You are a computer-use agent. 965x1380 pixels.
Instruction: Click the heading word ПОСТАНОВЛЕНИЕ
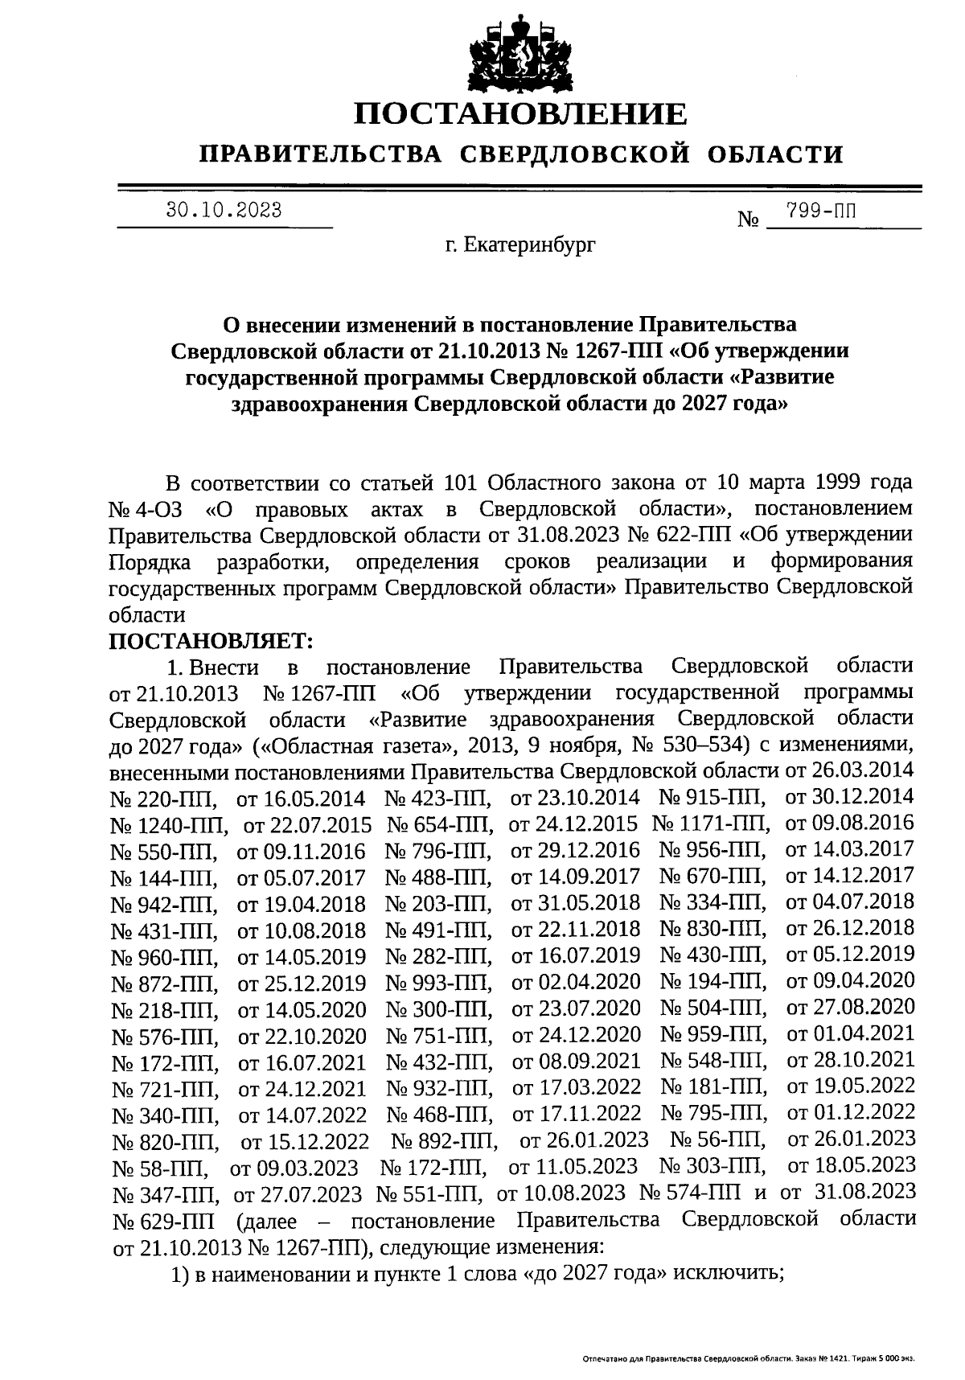click(521, 114)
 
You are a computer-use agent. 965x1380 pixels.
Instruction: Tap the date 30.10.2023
click(224, 211)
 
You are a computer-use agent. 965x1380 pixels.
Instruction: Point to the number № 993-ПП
click(439, 983)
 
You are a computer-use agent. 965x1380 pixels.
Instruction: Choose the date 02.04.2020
click(576, 982)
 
